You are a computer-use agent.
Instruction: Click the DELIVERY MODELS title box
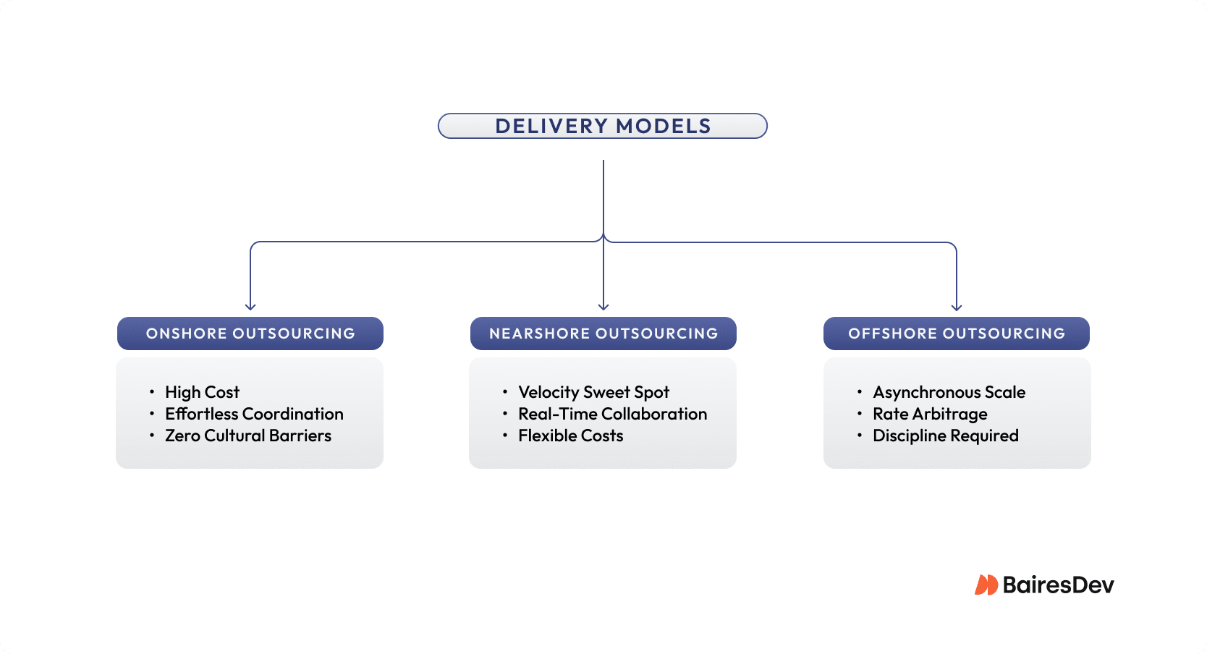pyautogui.click(x=602, y=126)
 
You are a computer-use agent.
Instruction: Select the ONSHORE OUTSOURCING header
pyautogui.click(x=250, y=334)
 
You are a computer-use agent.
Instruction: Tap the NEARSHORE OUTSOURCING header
pyautogui.click(x=603, y=334)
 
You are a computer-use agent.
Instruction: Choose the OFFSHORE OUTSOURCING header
pyautogui.click(x=957, y=334)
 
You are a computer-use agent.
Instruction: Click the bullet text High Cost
pyautogui.click(x=202, y=392)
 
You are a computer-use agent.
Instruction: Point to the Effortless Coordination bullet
pyautogui.click(x=254, y=414)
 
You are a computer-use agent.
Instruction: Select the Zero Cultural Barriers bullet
pyautogui.click(x=248, y=436)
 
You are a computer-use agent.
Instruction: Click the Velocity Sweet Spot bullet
pyautogui.click(x=593, y=392)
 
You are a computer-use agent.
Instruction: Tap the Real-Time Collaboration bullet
pyautogui.click(x=612, y=414)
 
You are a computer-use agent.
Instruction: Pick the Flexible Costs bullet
pyautogui.click(x=570, y=436)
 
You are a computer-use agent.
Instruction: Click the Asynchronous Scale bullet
pyautogui.click(x=949, y=392)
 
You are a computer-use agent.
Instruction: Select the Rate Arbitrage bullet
pyautogui.click(x=930, y=414)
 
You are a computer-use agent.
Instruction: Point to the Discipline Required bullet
pyautogui.click(x=945, y=436)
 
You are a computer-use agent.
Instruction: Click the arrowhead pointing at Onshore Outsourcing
pyautogui.click(x=250, y=307)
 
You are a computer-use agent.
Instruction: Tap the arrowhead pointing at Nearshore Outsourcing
pyautogui.click(x=603, y=307)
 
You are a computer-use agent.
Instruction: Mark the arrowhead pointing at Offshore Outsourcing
pyautogui.click(x=957, y=307)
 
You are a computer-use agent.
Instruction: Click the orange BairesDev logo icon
pyautogui.click(x=986, y=585)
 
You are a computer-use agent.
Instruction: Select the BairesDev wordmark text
pyautogui.click(x=1058, y=585)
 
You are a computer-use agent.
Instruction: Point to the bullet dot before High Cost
pyautogui.click(x=152, y=391)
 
